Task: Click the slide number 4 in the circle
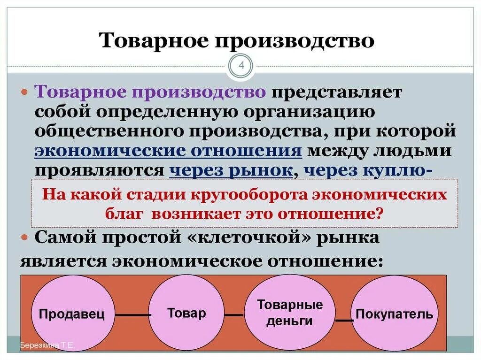pos(241,66)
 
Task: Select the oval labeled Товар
pos(186,313)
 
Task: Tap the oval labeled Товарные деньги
pos(290,313)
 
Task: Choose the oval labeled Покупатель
pos(395,313)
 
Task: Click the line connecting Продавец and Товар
pos(133,315)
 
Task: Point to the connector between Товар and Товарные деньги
pos(233,315)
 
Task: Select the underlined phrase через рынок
pos(231,170)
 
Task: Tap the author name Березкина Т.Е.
pos(47,346)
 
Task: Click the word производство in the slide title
pos(295,40)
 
